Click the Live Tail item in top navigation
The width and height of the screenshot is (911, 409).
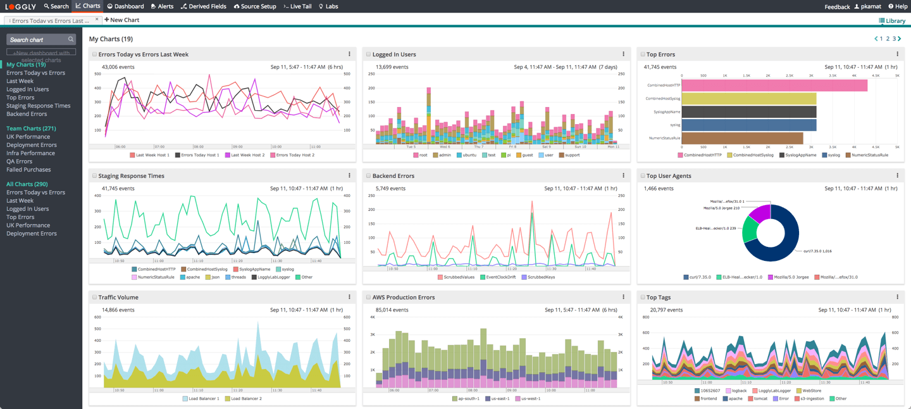(297, 6)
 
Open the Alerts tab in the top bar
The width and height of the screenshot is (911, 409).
(162, 6)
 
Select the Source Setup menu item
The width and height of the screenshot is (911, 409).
(255, 6)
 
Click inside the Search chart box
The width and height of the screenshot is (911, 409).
(38, 39)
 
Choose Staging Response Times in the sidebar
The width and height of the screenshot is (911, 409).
(38, 106)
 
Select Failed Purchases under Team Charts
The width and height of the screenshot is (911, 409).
(28, 170)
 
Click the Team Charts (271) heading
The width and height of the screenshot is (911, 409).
(31, 129)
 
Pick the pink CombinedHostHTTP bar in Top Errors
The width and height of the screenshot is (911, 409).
(772, 85)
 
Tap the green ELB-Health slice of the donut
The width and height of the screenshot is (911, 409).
(751, 229)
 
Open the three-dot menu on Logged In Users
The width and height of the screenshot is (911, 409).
(623, 54)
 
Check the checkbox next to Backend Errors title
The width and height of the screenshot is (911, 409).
(368, 176)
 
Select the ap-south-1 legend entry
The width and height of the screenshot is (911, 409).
(466, 399)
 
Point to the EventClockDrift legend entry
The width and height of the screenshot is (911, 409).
(497, 277)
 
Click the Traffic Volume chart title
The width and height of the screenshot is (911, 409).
(118, 298)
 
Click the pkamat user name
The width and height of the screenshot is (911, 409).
(871, 6)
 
